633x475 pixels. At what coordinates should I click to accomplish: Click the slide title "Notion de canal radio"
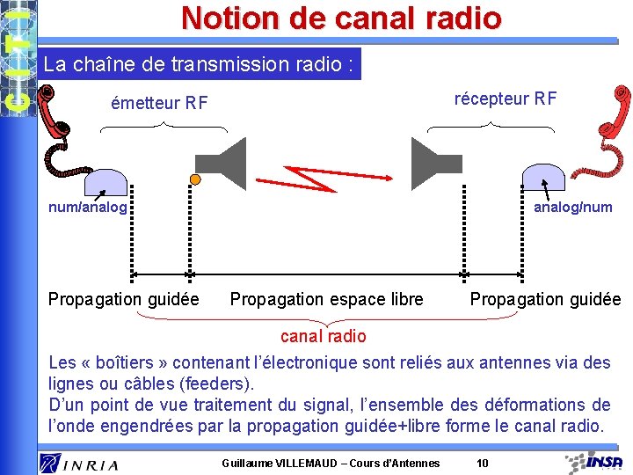coord(341,18)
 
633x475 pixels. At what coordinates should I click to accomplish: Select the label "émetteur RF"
coord(159,104)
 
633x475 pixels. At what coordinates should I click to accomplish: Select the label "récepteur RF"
coord(505,98)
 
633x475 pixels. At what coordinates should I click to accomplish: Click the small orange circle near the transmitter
coord(195,179)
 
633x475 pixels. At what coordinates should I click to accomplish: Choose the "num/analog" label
coord(88,208)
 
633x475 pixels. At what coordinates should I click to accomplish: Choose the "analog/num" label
coord(573,208)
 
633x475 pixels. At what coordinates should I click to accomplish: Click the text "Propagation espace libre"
coord(326,299)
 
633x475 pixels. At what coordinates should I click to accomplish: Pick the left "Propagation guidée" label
coord(123,299)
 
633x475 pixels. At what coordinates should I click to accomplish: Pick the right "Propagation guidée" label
coord(545,299)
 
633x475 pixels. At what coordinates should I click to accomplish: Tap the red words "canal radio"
coord(323,336)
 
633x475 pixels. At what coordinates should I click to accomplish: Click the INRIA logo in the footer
coord(79,462)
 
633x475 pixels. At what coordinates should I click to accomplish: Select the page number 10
coord(482,463)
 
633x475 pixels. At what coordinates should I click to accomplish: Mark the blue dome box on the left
coord(105,179)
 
